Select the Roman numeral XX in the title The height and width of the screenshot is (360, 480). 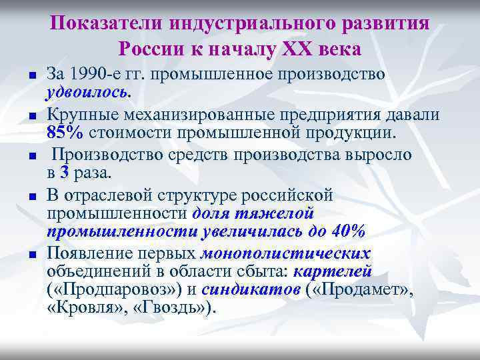[x=304, y=49]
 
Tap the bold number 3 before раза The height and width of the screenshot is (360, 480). [x=64, y=172]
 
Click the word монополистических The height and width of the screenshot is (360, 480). [x=287, y=253]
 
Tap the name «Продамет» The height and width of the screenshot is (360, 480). [x=361, y=290]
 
